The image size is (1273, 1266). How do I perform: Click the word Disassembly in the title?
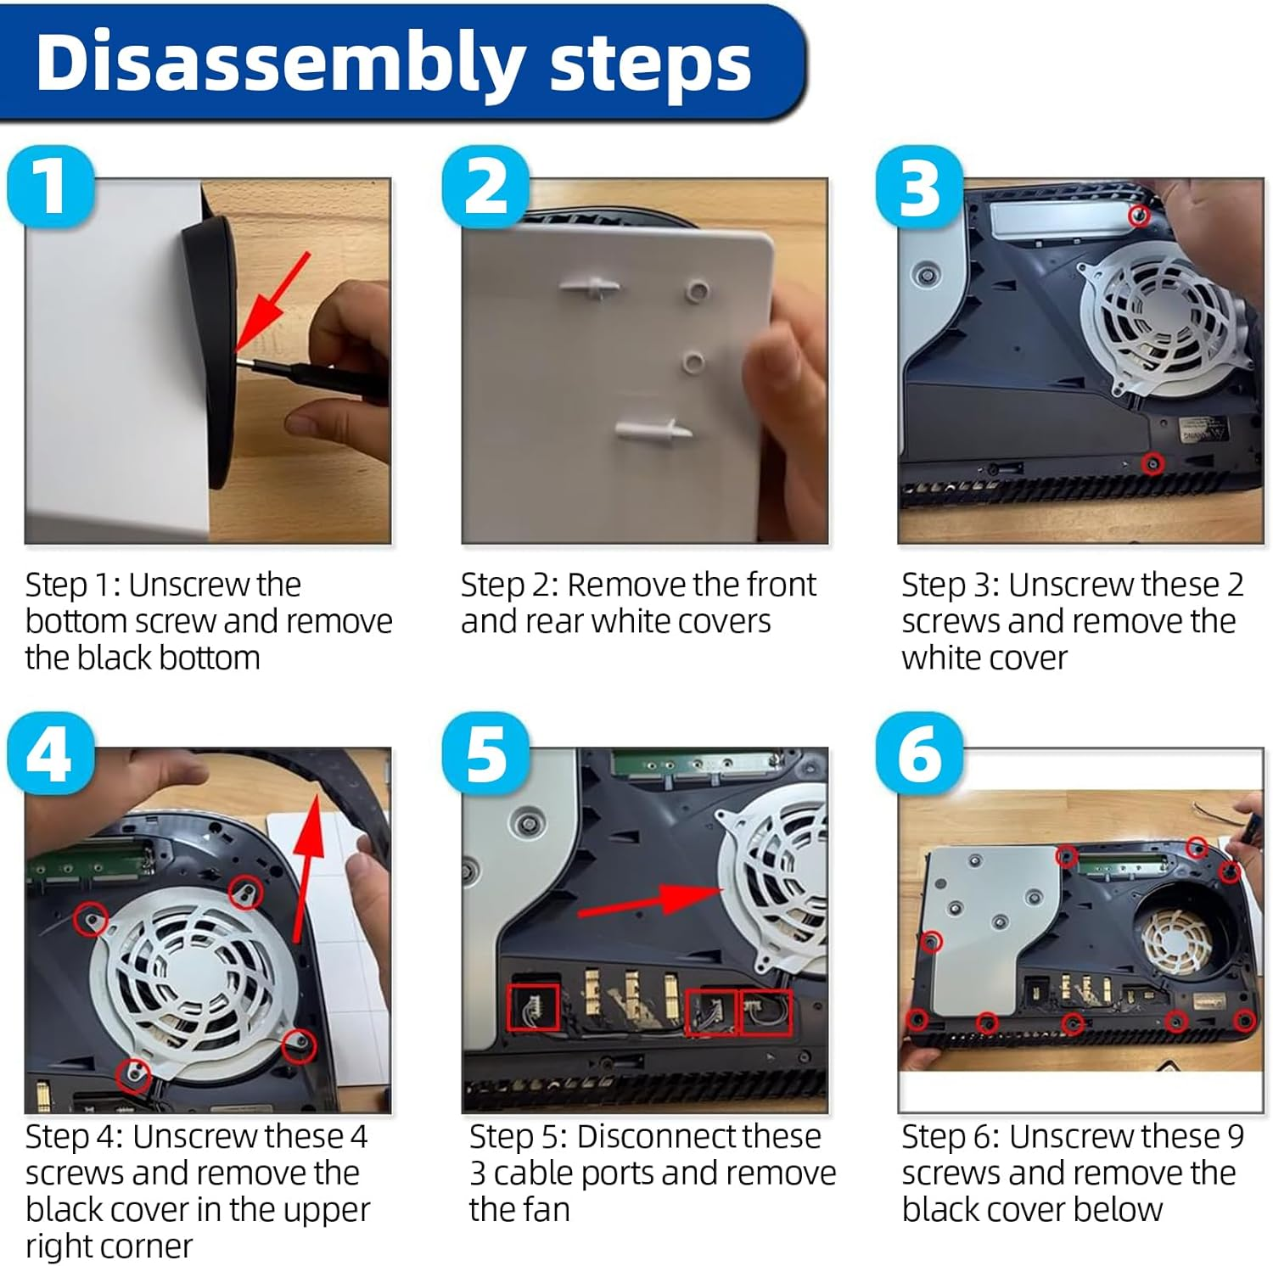pyautogui.click(x=279, y=64)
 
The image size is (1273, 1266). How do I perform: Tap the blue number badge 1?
pyautogui.click(x=50, y=187)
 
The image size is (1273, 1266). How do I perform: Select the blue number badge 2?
pyautogui.click(x=486, y=187)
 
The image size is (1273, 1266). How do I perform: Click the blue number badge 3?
pyautogui.click(x=920, y=187)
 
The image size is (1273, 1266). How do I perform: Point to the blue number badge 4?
pyautogui.click(x=50, y=753)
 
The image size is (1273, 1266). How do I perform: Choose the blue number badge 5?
pyautogui.click(x=486, y=753)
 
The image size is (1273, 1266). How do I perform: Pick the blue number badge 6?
pyautogui.click(x=920, y=753)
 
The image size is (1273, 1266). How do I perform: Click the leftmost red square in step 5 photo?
pyautogui.click(x=533, y=1007)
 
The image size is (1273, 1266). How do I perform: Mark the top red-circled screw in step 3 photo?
pyautogui.click(x=1140, y=216)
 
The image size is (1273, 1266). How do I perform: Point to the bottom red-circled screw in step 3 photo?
pyautogui.click(x=1152, y=463)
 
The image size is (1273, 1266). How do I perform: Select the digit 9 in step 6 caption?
pyautogui.click(x=1235, y=1136)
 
